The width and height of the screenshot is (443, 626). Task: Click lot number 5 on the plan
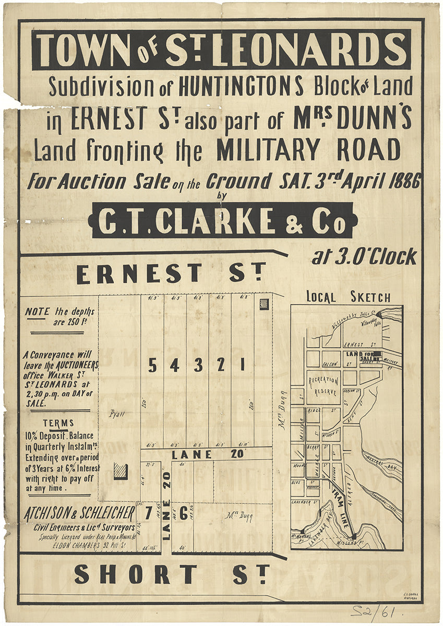tap(152, 366)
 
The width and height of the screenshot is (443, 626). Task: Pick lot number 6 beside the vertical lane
tap(183, 513)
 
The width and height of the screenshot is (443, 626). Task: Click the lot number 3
tap(198, 366)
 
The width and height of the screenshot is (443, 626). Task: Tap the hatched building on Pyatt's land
tap(121, 471)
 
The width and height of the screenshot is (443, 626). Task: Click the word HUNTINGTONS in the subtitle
tap(241, 87)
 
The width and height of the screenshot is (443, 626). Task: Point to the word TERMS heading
tap(58, 423)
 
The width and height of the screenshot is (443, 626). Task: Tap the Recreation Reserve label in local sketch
tap(324, 386)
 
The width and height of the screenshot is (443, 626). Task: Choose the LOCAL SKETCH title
tap(348, 297)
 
